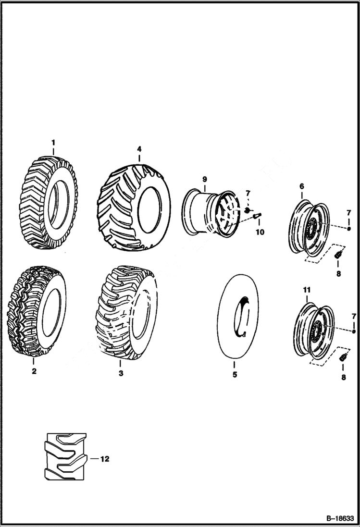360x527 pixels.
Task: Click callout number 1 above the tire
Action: coord(53,142)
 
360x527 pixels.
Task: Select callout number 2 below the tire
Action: coord(34,371)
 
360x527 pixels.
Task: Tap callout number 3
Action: coord(121,373)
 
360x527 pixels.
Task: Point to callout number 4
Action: coord(139,149)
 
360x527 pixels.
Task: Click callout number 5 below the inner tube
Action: coord(235,375)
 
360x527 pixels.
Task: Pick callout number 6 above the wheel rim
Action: coord(301,186)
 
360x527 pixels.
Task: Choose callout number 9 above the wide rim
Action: coord(204,179)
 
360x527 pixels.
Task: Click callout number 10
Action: coord(260,232)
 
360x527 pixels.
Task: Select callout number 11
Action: coord(307,290)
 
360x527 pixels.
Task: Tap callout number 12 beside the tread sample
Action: coord(105,459)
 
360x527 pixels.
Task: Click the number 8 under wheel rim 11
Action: coord(343,378)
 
